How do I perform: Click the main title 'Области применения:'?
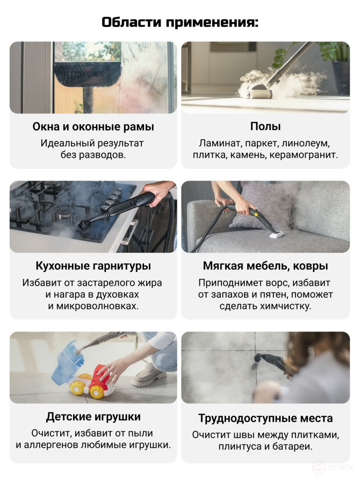coord(180,23)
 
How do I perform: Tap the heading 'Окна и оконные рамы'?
coord(93,127)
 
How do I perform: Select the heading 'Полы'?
coord(265,126)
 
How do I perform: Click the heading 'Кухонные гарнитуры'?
coord(93,266)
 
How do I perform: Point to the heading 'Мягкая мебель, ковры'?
coord(265,266)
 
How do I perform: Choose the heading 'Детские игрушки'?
coord(93,417)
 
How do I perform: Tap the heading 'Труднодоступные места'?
coord(265,418)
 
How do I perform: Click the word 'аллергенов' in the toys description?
coord(52,445)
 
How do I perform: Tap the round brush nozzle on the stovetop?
coord(84,224)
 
